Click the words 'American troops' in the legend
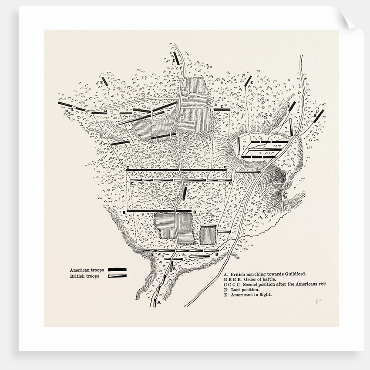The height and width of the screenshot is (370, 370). (x=85, y=270)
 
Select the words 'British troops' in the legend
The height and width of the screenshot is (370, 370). (x=84, y=276)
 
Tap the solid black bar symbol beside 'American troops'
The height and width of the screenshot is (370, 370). (x=117, y=270)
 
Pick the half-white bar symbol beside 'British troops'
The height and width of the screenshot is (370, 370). (x=117, y=276)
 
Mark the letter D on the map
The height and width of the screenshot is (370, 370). (x=106, y=111)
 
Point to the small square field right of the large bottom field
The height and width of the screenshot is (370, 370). (x=208, y=235)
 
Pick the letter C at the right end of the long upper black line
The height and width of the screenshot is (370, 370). (x=225, y=168)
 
